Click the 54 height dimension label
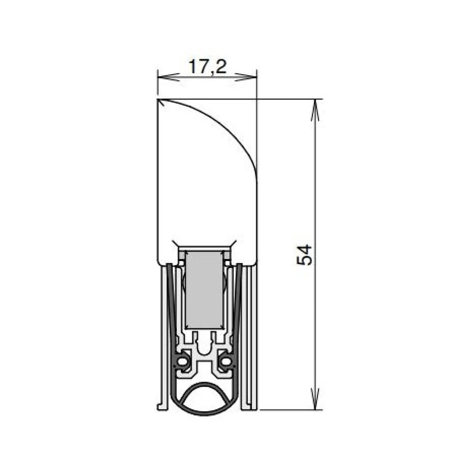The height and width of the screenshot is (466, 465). pos(304,255)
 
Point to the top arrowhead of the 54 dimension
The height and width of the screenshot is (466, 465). pos(315,110)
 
